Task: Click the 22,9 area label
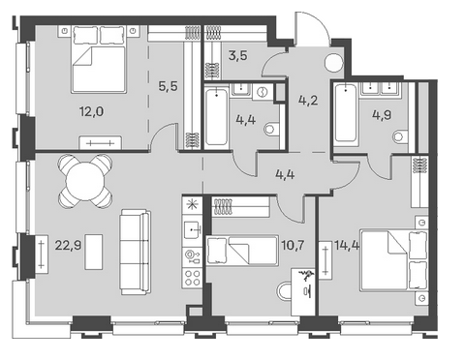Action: click(68, 246)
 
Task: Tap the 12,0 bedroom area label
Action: click(92, 111)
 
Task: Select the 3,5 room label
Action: click(238, 55)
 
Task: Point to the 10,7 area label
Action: click(293, 246)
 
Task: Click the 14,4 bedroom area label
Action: click(347, 246)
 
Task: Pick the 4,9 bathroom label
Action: click(382, 115)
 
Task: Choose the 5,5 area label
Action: click(169, 86)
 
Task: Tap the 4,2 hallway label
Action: click(308, 100)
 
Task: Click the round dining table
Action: click(86, 181)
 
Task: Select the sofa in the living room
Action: click(136, 252)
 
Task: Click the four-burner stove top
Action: click(192, 278)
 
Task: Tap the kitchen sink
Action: click(192, 229)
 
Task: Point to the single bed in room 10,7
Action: click(242, 251)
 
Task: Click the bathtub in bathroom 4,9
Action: click(346, 112)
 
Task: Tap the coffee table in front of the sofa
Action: click(94, 252)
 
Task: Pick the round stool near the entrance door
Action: click(334, 63)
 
